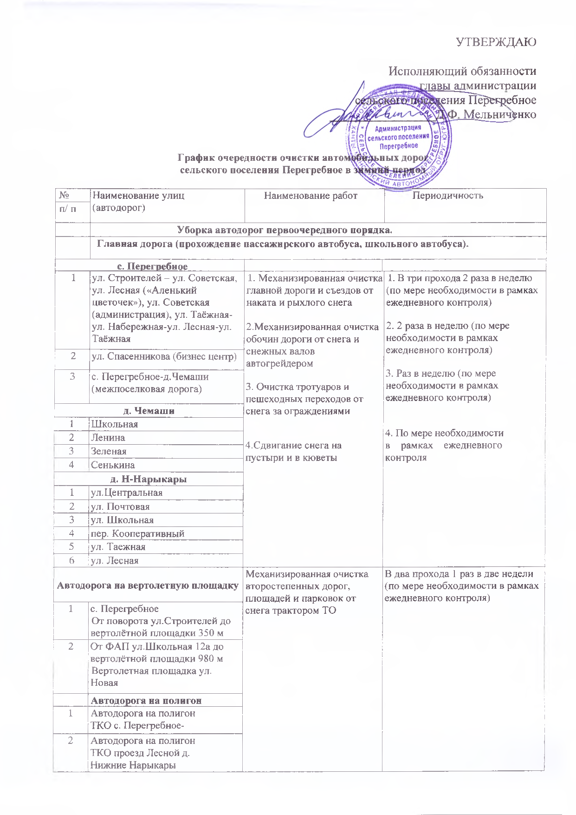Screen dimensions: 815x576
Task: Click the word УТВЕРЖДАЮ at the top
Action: (496, 42)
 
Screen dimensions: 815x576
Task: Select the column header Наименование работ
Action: (311, 196)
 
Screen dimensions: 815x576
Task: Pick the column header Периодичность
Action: (448, 195)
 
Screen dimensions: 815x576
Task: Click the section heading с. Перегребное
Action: (152, 267)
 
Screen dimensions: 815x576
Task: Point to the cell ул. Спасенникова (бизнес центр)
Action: (164, 357)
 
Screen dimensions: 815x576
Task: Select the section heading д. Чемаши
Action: (149, 411)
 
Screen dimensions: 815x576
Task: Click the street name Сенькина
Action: (113, 465)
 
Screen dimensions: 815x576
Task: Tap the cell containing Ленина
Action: (108, 437)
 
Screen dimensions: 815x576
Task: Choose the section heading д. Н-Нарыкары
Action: (149, 479)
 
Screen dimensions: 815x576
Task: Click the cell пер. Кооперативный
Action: (137, 533)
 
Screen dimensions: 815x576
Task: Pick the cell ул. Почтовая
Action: (120, 506)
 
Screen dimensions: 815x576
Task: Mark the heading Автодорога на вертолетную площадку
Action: (148, 585)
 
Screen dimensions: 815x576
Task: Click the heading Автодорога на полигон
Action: (146, 700)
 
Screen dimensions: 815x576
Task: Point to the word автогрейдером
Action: (279, 363)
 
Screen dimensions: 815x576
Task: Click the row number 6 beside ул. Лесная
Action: (72, 560)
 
